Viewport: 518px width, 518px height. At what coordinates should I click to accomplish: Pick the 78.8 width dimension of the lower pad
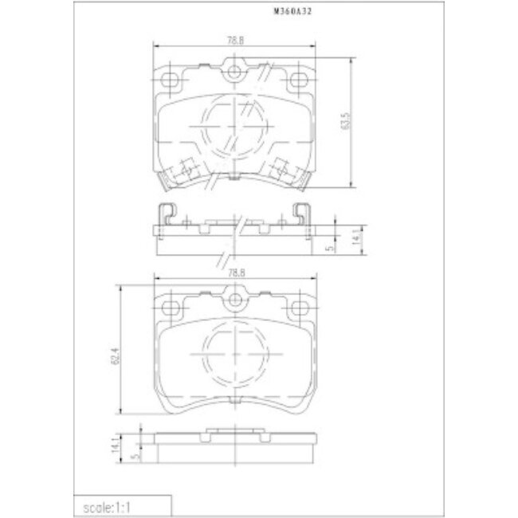click(233, 273)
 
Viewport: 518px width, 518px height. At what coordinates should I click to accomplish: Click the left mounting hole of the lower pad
click(170, 307)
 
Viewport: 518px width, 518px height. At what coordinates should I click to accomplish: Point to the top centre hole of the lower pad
click(233, 300)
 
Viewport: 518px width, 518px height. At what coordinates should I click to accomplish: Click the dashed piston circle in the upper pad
click(233, 128)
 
